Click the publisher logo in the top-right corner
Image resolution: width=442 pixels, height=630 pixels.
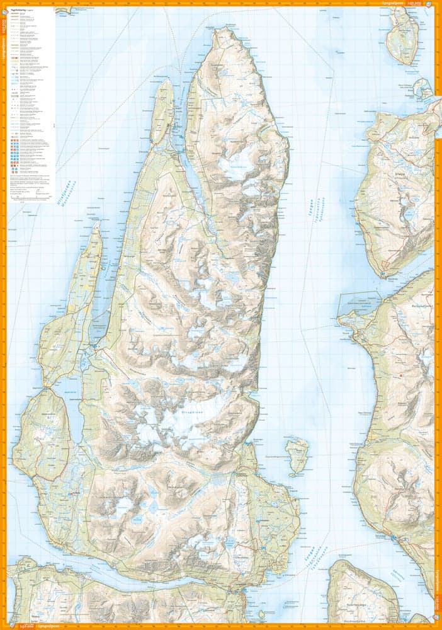428,4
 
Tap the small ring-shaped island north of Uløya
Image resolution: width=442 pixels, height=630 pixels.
422,91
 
